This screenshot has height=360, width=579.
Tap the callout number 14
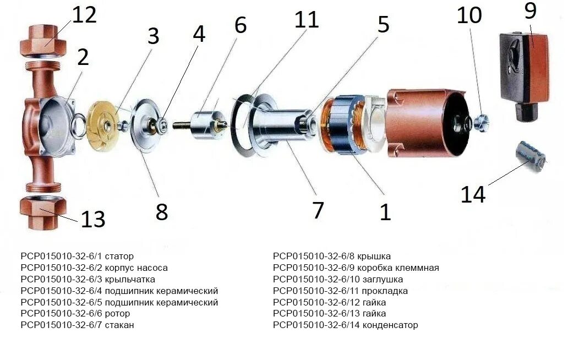[x=473, y=194]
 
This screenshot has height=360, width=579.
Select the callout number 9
[x=530, y=10]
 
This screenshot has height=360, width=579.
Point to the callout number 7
[x=318, y=210]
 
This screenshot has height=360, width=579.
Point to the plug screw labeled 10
[x=480, y=120]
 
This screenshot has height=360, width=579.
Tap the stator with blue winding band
[x=344, y=126]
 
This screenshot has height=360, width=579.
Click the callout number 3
[x=152, y=36]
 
